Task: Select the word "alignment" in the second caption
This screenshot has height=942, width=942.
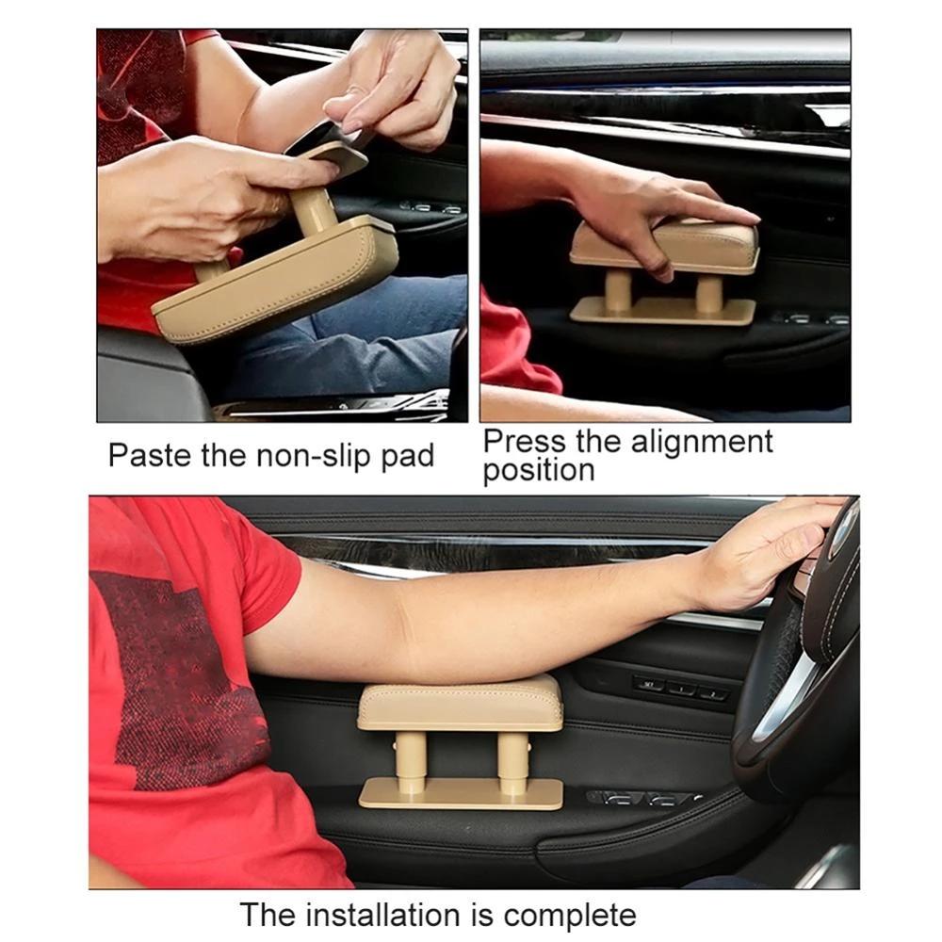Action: point(702,441)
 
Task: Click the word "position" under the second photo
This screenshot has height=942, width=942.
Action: point(539,470)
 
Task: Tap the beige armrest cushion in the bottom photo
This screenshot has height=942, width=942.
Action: point(460,704)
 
